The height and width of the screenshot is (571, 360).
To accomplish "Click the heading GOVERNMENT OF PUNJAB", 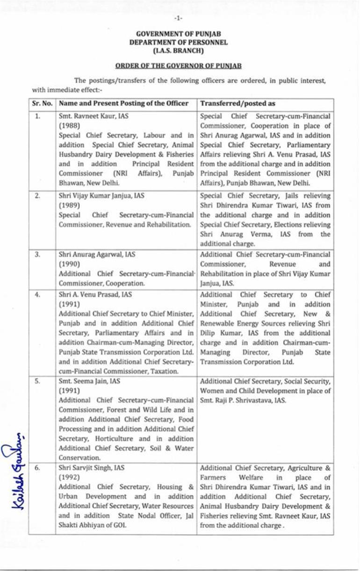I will (179, 34).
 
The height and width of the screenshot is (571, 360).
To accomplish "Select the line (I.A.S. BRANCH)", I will (179, 50).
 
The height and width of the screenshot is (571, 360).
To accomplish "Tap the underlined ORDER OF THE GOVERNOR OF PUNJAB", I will (179, 66).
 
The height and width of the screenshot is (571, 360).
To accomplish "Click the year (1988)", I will (68, 126).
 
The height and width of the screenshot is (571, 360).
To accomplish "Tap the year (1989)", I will (68, 205).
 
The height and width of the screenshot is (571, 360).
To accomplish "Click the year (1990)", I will (68, 264).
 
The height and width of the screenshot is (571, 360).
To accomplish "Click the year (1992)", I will (68, 478).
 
